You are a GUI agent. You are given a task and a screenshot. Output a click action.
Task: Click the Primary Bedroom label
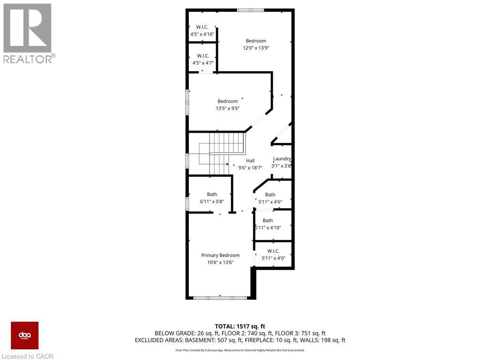(220, 255)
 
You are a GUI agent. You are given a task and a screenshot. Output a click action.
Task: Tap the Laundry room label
(282, 159)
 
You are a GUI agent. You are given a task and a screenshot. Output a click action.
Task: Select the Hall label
(250, 161)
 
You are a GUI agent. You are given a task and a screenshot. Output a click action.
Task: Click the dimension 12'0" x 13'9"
(256, 48)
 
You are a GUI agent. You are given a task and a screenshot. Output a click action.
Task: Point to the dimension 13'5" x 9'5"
(227, 108)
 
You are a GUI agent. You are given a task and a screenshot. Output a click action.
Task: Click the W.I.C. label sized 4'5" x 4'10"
(202, 27)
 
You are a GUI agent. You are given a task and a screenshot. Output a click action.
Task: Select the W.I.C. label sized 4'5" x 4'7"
(202, 56)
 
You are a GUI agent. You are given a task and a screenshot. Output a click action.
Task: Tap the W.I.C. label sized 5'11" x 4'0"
(273, 251)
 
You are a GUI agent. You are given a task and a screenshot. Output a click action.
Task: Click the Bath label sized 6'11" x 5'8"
(212, 195)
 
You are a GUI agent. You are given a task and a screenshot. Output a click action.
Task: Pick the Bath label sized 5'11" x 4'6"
(270, 195)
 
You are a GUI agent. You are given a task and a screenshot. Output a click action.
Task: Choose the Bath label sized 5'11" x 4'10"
(268, 221)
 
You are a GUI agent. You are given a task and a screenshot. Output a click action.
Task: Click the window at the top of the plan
(250, 10)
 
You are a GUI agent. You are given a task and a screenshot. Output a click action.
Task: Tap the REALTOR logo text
(28, 59)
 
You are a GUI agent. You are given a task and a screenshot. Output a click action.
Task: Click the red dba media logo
(25, 335)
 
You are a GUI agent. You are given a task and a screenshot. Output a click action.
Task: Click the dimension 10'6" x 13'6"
(220, 262)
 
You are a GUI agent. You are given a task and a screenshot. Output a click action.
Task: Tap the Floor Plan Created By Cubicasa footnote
(240, 350)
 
